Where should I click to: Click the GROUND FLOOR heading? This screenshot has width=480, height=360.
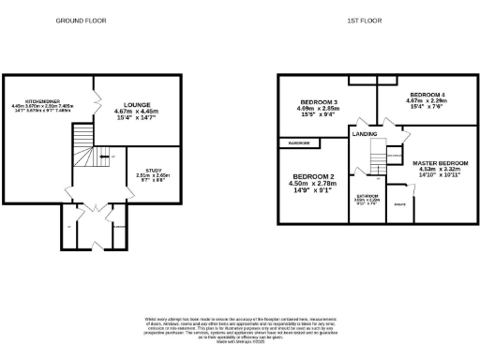80,20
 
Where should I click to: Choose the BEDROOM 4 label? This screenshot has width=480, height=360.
425,96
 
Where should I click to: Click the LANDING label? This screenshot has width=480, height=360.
365,135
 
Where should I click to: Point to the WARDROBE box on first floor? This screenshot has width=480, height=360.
299,142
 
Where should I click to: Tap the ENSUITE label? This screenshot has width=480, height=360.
400,204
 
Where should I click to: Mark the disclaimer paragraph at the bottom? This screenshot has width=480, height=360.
239,330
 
